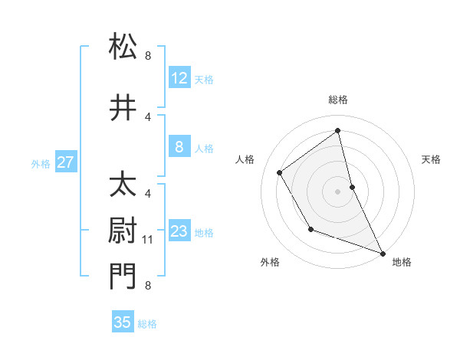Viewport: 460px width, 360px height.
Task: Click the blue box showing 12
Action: (x=179, y=78)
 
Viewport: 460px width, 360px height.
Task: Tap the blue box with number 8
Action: (x=179, y=148)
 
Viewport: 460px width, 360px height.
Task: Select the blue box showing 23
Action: (x=179, y=232)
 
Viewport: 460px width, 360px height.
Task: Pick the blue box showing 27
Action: (x=65, y=162)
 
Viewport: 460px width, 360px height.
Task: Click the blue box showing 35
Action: (x=123, y=322)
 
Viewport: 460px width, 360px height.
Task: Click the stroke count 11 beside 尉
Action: (x=148, y=240)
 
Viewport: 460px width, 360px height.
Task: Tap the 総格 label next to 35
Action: (x=147, y=324)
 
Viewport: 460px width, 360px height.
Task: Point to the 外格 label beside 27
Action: (x=41, y=163)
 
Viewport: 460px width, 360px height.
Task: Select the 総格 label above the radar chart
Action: (x=338, y=100)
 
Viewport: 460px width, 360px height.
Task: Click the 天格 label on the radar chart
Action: (x=431, y=159)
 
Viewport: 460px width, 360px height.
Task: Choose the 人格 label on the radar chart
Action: (x=245, y=159)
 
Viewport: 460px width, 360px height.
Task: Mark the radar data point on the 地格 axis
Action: (x=383, y=253)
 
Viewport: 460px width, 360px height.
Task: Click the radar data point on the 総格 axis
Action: (x=338, y=131)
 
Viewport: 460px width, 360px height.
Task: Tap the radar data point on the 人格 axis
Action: (x=280, y=173)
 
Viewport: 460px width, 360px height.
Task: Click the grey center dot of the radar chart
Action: (x=338, y=191)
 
